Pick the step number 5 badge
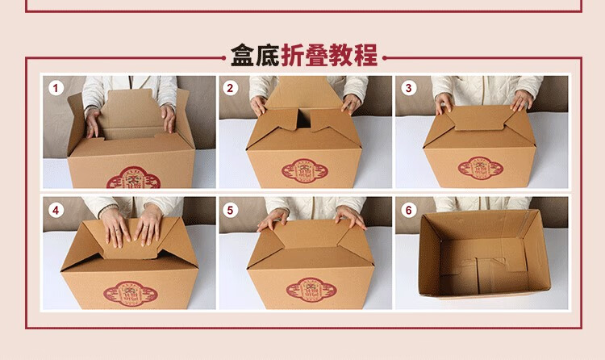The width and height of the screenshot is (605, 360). (x=231, y=210)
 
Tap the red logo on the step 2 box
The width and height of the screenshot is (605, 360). (x=307, y=170)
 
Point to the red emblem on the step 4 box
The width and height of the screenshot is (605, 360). (x=128, y=292)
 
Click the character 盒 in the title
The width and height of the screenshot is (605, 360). (x=243, y=57)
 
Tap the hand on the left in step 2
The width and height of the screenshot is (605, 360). (x=258, y=105)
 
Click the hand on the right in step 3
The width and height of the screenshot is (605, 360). (x=522, y=100)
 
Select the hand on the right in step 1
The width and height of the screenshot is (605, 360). (x=168, y=118)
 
